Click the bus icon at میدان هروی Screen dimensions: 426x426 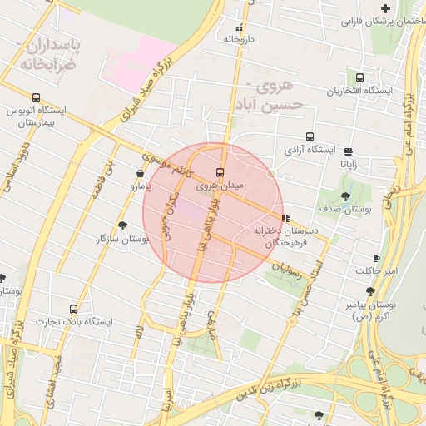click(x=220, y=172)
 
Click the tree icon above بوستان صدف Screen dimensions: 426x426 click(x=345, y=196)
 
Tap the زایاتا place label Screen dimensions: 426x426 click(x=348, y=165)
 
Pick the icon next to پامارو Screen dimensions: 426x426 click(x=139, y=174)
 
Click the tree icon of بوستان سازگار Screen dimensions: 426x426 click(x=123, y=225)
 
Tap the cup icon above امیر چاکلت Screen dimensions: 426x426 click(x=376, y=258)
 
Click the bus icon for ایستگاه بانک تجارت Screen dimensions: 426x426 click(x=74, y=308)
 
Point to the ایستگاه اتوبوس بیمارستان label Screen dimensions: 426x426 click(x=34, y=116)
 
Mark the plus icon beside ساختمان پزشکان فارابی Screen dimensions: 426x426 click(x=385, y=7)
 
